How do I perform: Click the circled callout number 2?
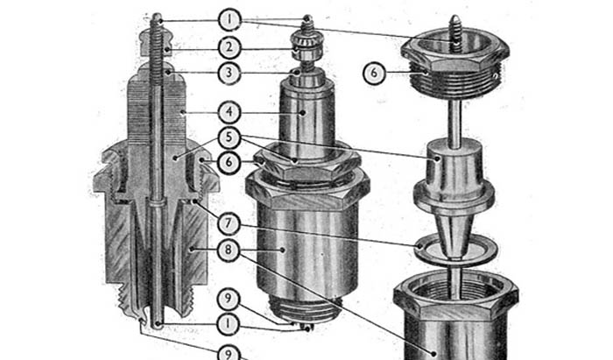pos(229,47)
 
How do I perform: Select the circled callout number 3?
pos(229,73)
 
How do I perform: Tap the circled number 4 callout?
pos(229,112)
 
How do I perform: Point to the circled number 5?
pos(229,138)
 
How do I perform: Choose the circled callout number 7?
pos(229,224)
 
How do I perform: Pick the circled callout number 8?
pos(229,250)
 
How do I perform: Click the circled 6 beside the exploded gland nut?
pos(374,73)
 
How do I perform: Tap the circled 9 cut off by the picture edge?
pos(228,353)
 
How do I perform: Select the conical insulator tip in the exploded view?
pos(454,234)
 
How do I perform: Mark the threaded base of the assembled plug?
pos(306,309)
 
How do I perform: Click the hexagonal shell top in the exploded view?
pos(456,297)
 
